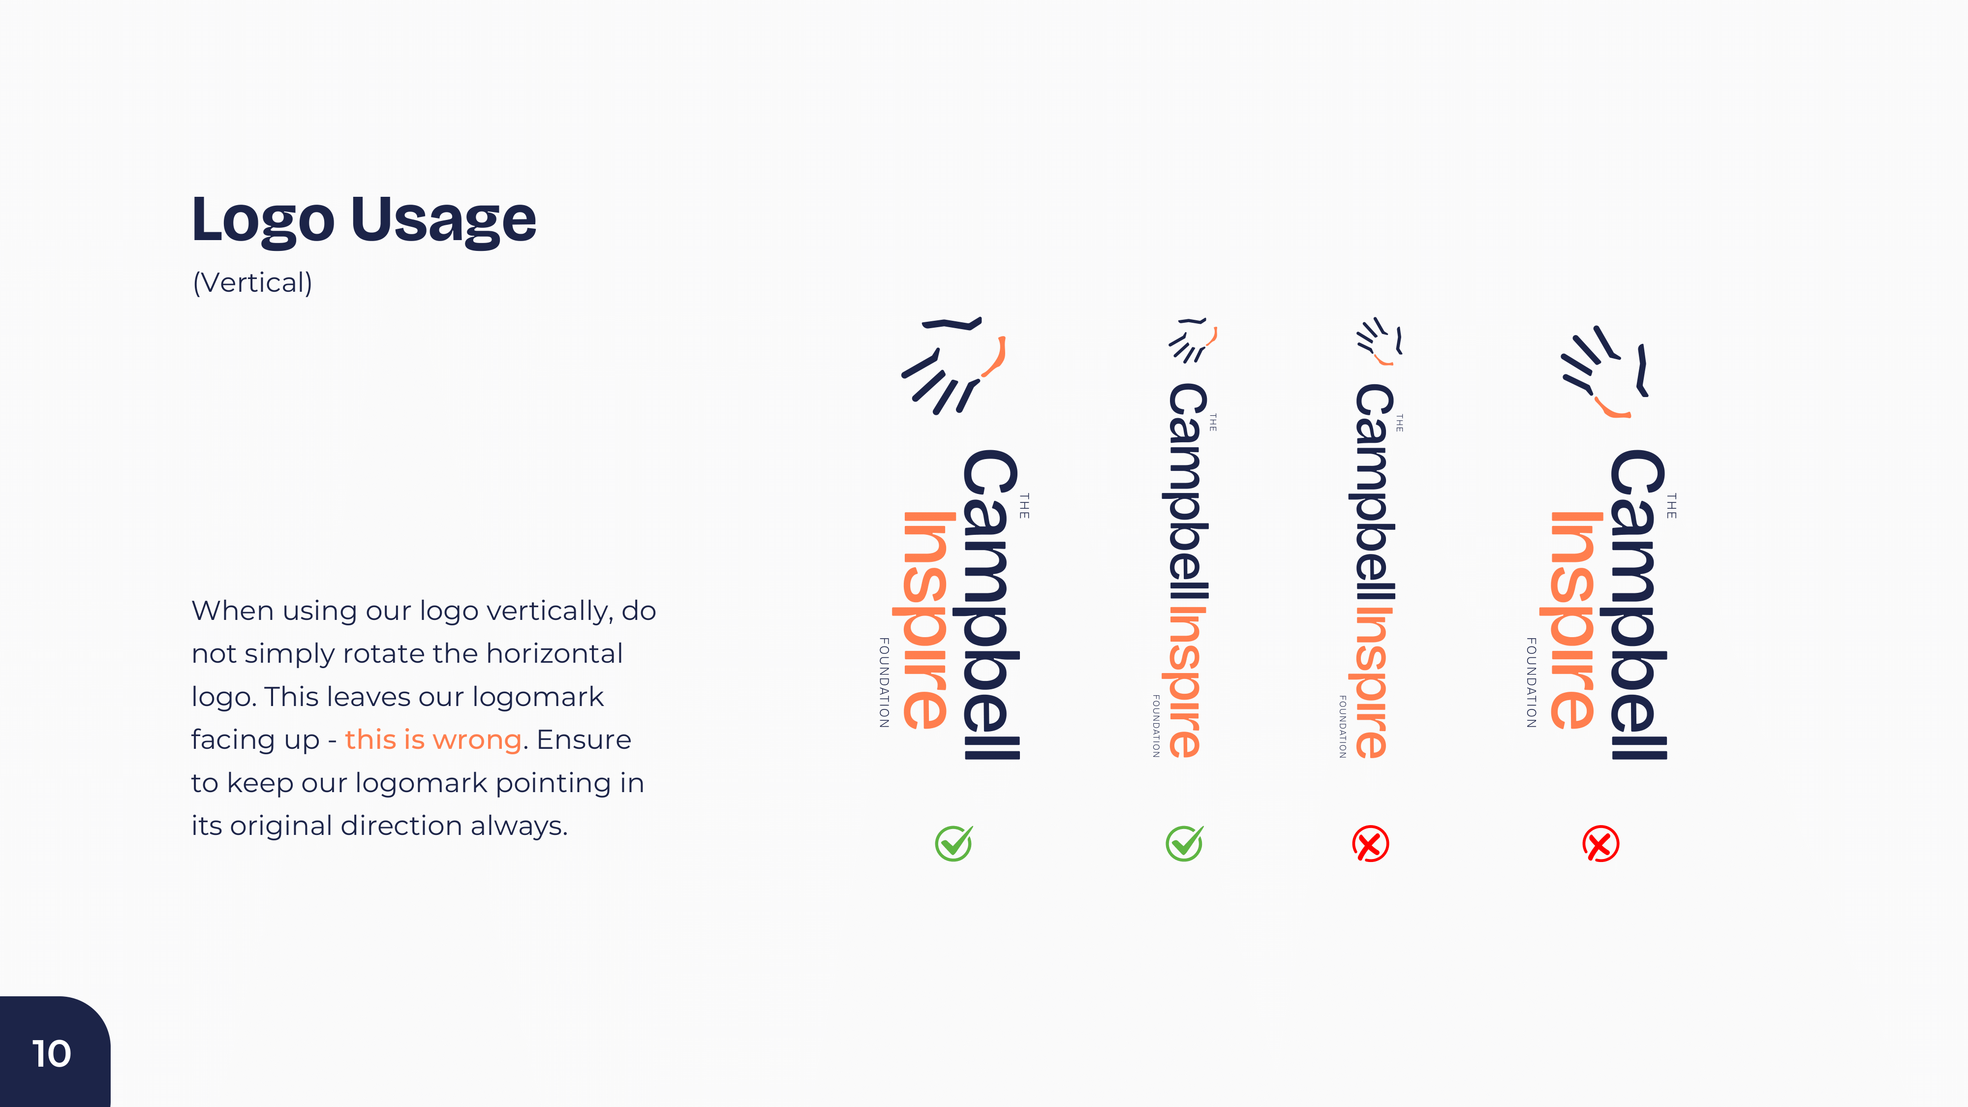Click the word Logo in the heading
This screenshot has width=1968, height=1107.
[263, 220]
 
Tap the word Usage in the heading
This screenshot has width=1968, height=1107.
[443, 220]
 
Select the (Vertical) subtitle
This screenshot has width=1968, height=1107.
[252, 283]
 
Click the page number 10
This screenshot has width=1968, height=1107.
[51, 1053]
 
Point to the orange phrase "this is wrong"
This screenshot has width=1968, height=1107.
[433, 739]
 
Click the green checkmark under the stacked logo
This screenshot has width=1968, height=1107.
[953, 843]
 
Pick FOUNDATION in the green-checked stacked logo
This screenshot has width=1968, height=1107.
[884, 682]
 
